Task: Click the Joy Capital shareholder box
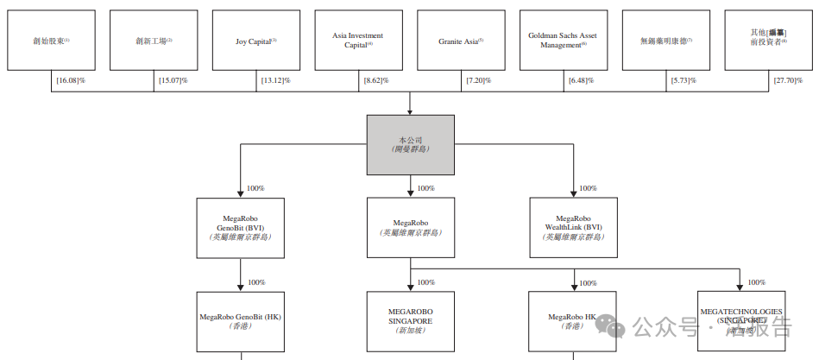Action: (256, 41)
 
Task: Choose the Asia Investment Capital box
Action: (358, 41)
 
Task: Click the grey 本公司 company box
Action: (410, 144)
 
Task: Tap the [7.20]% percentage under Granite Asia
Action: (481, 80)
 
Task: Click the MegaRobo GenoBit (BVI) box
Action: (239, 227)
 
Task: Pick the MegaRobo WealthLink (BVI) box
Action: (574, 227)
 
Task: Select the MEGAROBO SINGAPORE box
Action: (410, 322)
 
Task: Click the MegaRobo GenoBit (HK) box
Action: (239, 322)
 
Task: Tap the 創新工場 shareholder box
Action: (154, 41)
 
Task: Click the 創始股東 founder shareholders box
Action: (52, 41)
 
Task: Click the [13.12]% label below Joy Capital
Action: (276, 80)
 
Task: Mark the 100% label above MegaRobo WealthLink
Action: (588, 188)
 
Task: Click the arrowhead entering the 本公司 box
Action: (410, 111)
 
